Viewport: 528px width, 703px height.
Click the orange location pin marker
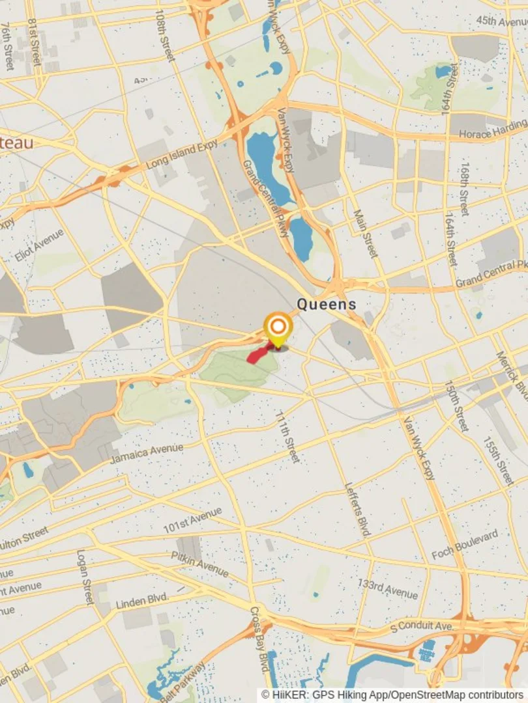278,327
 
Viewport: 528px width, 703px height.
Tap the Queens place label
327,304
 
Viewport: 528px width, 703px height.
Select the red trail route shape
259,355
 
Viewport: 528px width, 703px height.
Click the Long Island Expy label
182,154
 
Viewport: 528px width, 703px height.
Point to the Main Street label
365,233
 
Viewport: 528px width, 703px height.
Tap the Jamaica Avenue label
147,454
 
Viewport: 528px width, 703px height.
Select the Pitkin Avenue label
200,564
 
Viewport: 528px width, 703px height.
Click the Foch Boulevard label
465,545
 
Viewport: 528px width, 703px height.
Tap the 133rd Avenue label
387,588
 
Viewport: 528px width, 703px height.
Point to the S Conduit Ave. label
422,626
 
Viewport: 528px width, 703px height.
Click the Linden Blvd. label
142,600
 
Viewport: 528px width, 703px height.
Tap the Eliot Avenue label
40,245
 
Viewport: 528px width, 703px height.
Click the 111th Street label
287,437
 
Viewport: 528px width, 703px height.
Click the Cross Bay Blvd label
259,640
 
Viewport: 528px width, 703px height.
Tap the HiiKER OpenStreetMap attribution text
392,695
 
